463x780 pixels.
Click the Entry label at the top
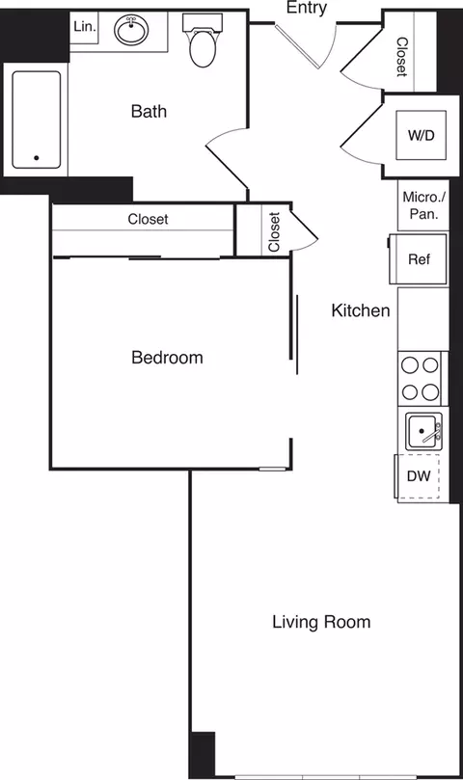307,9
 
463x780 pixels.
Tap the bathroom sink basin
131,32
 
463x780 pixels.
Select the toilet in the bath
203,45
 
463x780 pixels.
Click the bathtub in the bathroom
37,120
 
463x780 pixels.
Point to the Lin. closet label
85,27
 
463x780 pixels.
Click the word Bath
149,112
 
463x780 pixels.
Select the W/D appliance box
421,135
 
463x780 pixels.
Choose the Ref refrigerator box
420,259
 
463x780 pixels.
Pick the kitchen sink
422,430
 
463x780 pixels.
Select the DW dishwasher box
419,476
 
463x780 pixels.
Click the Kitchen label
361,310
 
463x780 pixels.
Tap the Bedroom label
167,358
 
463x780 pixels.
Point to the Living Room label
320,622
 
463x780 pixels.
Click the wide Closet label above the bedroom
148,220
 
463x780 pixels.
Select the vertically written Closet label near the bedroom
274,232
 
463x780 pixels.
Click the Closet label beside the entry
401,57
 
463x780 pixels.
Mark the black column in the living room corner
202,754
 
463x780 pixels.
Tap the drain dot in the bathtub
38,157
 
